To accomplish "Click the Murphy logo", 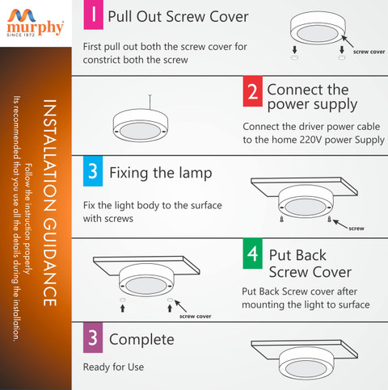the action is tap(36, 23).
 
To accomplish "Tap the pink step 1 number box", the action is tap(93, 15).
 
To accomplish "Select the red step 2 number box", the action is tap(252, 91).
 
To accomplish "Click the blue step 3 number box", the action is tap(93, 171).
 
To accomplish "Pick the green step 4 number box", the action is tap(252, 254).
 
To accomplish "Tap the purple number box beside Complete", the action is tap(93, 338).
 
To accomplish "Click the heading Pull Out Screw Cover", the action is tap(178, 17).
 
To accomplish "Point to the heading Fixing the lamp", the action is tap(161, 173).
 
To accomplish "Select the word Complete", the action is tap(141, 339).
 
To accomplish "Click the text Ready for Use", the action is tap(113, 367).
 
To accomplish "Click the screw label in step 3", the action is tap(356, 229).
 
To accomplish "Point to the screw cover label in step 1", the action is tap(369, 52).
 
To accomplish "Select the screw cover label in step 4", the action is tap(196, 317).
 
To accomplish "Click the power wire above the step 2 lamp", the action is tap(150, 103).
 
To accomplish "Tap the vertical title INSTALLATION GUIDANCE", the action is tap(50, 203).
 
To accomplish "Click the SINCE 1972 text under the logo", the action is tap(21, 35).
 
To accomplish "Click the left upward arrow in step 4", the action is tap(123, 308).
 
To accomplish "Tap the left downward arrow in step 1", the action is tap(294, 49).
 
